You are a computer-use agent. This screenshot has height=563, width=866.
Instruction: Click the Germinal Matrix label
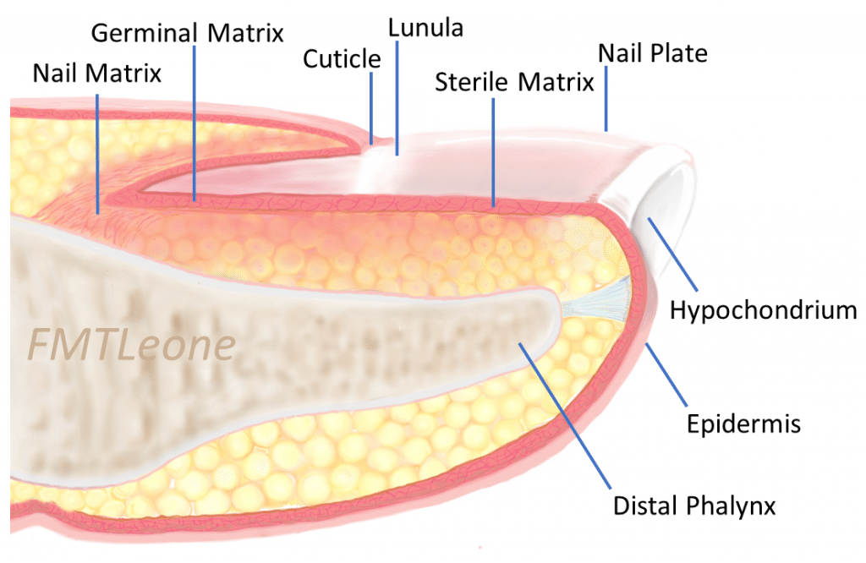187,33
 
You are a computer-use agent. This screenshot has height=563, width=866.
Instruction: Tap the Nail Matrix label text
96,73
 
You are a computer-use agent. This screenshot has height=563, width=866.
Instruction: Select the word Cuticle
342,58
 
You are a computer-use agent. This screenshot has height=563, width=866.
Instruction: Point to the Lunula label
425,27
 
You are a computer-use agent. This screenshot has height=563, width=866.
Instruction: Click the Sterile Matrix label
514,82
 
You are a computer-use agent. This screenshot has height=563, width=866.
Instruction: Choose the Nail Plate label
652,53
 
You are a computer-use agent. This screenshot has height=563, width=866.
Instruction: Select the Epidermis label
743,423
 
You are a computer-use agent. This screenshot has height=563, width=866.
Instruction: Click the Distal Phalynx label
694,506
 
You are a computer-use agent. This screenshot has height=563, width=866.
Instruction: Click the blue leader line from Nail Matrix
97,152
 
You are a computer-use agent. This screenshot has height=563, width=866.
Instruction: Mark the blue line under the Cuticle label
370,106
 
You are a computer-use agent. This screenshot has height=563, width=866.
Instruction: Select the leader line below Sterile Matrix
493,152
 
